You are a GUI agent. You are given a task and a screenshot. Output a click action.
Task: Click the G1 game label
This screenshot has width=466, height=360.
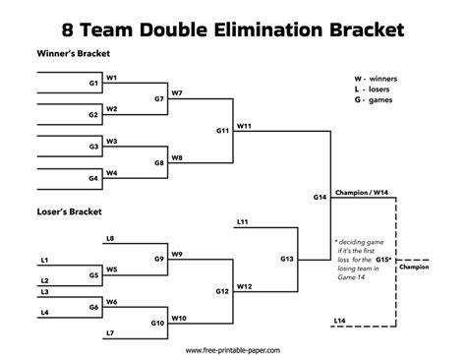pos(93,84)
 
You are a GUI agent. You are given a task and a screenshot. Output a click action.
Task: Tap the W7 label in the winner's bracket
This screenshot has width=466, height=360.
pos(177,93)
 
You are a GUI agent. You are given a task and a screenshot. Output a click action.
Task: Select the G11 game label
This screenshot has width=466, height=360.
pos(222,131)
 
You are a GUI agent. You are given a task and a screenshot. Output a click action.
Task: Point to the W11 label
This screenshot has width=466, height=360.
pos(244,126)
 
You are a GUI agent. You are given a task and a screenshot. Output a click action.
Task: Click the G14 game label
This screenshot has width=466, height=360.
pos(320,197)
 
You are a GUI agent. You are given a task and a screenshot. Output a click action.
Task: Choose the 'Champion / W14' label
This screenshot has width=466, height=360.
pos(362,193)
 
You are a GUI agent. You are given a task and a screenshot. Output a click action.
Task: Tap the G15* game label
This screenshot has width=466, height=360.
pos(383,260)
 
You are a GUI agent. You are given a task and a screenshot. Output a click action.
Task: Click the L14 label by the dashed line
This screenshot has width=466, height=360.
pos(339,321)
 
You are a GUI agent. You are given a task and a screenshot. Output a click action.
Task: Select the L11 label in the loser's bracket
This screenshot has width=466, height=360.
pos(243,222)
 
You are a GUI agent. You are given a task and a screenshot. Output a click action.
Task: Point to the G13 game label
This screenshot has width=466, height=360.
pos(287,259)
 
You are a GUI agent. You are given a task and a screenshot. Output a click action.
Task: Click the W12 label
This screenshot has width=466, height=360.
pos(245,286)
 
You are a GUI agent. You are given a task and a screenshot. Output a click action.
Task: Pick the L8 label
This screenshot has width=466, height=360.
pos(110,239)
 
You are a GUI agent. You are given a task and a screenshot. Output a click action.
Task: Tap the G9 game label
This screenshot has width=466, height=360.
pos(159,259)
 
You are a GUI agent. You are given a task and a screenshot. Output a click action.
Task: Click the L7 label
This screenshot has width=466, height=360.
pos(110,333)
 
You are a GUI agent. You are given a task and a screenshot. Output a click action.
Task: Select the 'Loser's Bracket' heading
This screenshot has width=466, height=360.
pos(69,211)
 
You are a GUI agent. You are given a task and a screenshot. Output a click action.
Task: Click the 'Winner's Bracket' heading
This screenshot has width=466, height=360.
pos(74,53)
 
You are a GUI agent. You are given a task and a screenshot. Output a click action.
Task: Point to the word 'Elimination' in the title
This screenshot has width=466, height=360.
pos(268,30)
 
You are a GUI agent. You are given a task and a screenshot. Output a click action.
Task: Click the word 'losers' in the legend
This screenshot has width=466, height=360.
pos(379,90)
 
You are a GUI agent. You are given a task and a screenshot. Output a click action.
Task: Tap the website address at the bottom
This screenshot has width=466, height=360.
pos(233,350)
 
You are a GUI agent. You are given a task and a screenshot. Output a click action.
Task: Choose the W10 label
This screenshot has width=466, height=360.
pos(179,319)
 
